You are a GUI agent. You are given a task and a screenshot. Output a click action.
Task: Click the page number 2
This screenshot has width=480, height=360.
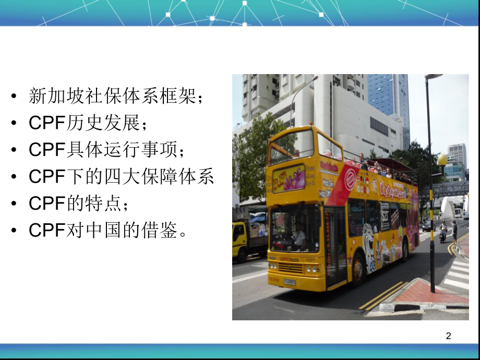pyautogui.click(x=448, y=337)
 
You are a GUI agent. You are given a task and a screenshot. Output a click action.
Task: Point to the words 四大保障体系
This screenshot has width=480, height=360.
pyautogui.click(x=159, y=177)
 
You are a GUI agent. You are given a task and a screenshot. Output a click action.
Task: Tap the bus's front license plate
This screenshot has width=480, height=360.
pyautogui.click(x=289, y=282)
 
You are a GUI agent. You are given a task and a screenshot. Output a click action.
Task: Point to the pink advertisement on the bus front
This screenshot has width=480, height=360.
pyautogui.click(x=289, y=178)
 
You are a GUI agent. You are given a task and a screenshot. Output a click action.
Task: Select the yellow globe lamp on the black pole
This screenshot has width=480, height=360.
pyautogui.click(x=442, y=160)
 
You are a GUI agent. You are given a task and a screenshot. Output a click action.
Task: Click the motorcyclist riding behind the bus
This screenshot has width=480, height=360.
pyautogui.click(x=443, y=231)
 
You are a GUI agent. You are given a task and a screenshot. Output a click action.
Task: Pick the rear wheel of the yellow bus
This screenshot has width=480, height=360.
pyautogui.click(x=405, y=250)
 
